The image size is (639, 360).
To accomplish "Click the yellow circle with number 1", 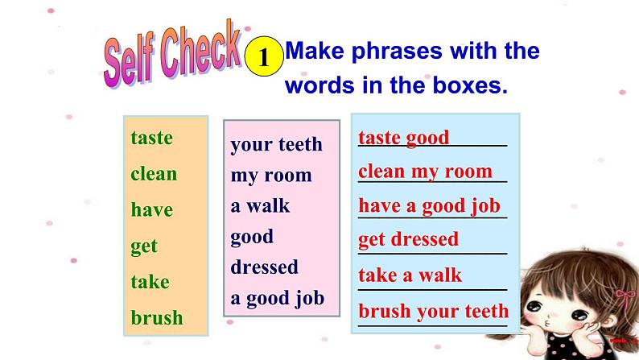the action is [x=264, y=56].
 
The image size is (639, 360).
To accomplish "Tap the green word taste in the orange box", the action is [x=151, y=138].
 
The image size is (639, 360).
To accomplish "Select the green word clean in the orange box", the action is [x=154, y=174].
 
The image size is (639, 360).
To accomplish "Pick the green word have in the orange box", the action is [x=152, y=209].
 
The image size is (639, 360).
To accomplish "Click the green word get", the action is [x=144, y=246].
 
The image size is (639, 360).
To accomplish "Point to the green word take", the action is [x=150, y=281].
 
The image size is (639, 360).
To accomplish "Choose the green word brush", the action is [x=157, y=317].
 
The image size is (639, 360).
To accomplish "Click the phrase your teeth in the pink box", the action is [x=276, y=145].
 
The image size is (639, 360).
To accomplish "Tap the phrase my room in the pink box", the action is [x=271, y=176].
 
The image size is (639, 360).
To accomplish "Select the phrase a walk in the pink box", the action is [x=260, y=205].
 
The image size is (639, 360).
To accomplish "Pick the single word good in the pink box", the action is [x=252, y=237].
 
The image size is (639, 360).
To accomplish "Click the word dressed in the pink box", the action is [x=264, y=267].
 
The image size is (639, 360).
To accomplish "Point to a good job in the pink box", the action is [x=277, y=299].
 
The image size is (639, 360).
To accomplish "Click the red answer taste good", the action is [x=403, y=138].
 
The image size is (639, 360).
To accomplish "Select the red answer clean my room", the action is [x=426, y=172].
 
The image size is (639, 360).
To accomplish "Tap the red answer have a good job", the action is [x=429, y=206].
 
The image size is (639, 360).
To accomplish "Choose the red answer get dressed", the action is [x=408, y=239].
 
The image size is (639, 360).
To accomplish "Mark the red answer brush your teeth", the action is [x=434, y=311].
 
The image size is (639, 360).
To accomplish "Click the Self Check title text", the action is [x=172, y=54].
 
